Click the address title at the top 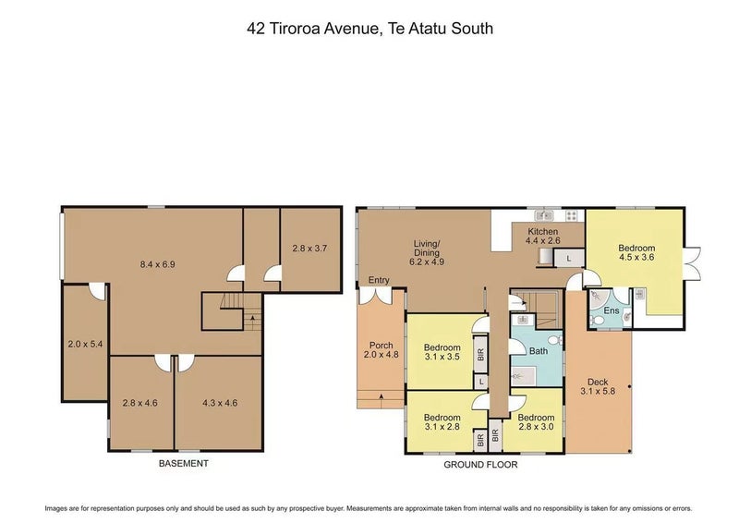tap(370, 29)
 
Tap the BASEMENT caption tap(183, 464)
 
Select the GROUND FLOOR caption tap(480, 465)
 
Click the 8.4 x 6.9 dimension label tap(157, 264)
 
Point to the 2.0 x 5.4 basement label tap(85, 345)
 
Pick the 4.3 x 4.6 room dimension tap(220, 403)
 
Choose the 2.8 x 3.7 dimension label tap(309, 248)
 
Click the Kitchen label tap(543, 232)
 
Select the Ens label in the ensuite tap(612, 310)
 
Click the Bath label tap(539, 351)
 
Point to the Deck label tap(598, 382)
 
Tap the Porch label tap(382, 346)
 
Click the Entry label tap(379, 280)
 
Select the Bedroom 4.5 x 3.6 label tap(636, 252)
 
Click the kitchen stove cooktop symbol tap(571, 215)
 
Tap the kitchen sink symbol tap(544, 215)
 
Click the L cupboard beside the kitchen tap(569, 259)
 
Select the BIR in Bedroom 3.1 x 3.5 tap(480, 355)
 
